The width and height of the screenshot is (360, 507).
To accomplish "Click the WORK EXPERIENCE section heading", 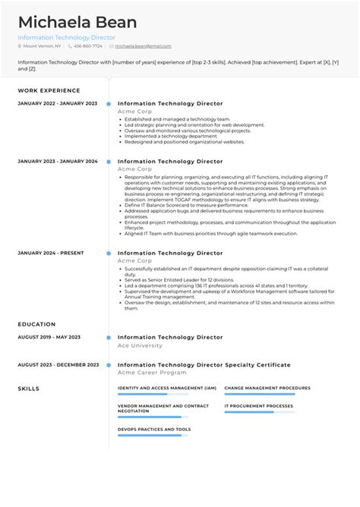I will click(x=49, y=90).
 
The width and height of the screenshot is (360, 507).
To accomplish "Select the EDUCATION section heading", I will click(x=37, y=324).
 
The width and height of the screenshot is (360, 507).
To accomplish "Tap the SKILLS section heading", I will click(x=29, y=389).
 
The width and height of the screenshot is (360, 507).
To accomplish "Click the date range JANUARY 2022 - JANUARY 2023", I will click(x=58, y=103).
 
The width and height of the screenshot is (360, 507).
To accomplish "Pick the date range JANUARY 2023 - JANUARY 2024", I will click(x=58, y=162).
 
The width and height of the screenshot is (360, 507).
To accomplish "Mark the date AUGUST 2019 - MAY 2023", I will click(x=49, y=337).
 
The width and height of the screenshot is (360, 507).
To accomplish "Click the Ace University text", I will click(x=140, y=345).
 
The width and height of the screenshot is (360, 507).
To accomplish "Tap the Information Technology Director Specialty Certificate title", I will click(x=204, y=365).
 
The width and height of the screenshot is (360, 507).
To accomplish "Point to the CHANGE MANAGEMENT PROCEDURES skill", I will click(x=267, y=387).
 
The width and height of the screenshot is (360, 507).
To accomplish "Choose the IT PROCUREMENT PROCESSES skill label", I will click(x=258, y=406).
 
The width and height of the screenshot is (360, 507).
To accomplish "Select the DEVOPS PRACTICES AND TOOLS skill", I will click(x=154, y=429).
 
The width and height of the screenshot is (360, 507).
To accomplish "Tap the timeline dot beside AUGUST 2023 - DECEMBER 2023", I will click(x=109, y=365).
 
